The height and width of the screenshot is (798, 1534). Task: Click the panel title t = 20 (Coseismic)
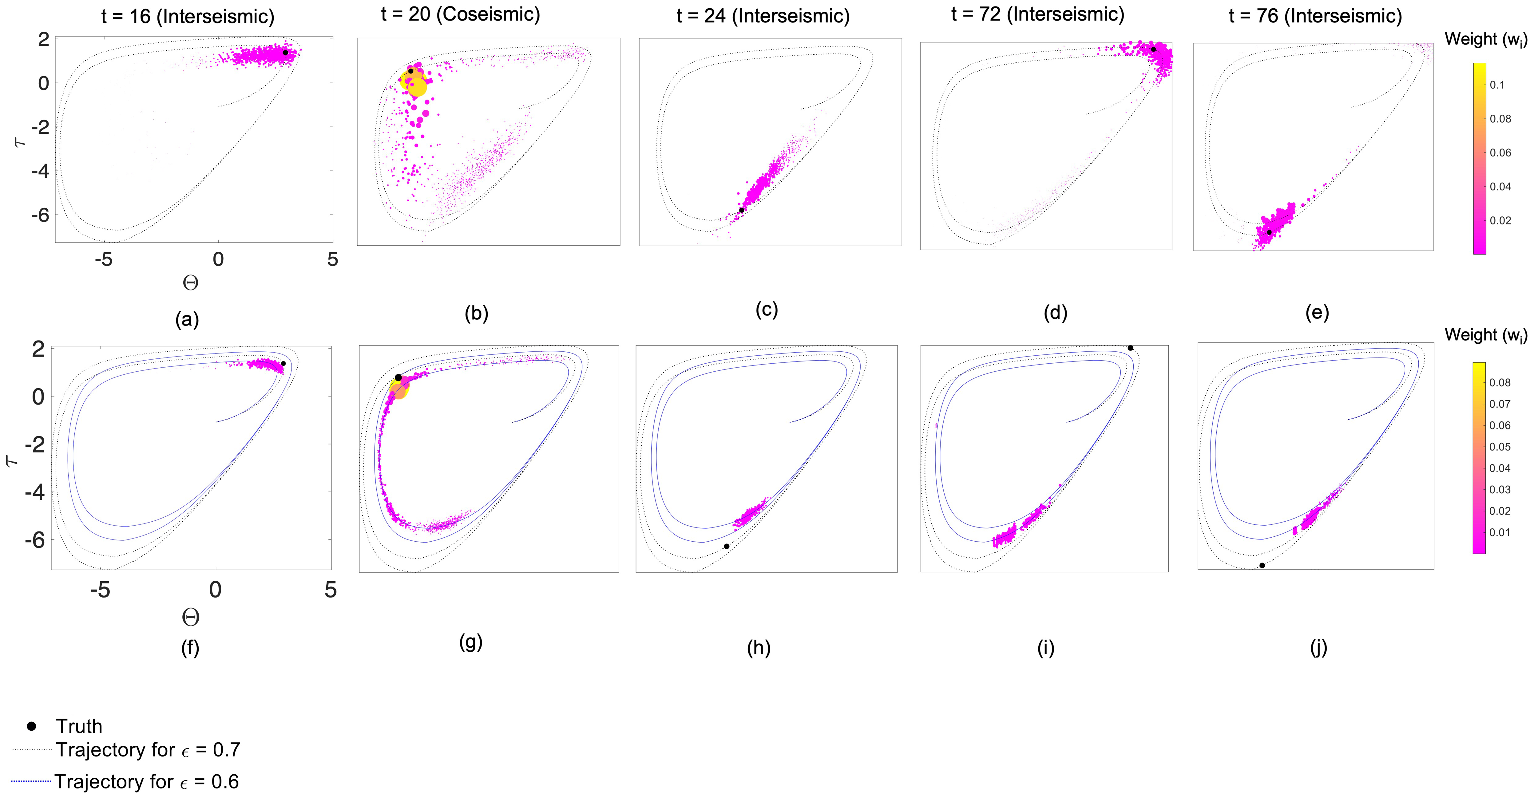(460, 14)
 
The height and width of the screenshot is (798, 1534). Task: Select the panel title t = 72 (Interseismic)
(1037, 14)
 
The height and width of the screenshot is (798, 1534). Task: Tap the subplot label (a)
(187, 320)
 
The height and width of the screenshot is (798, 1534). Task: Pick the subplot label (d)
(1055, 313)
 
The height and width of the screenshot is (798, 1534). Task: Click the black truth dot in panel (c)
(741, 210)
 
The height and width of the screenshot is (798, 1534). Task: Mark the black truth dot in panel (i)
(1130, 348)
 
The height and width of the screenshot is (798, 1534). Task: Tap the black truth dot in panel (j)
(1262, 565)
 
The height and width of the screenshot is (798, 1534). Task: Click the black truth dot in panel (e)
(1269, 232)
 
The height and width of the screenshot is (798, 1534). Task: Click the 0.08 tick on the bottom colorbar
(1500, 383)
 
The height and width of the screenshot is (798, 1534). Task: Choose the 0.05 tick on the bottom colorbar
(1500, 447)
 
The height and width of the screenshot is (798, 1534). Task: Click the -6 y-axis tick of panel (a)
(40, 215)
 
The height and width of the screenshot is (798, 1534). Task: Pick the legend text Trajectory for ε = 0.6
(146, 781)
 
